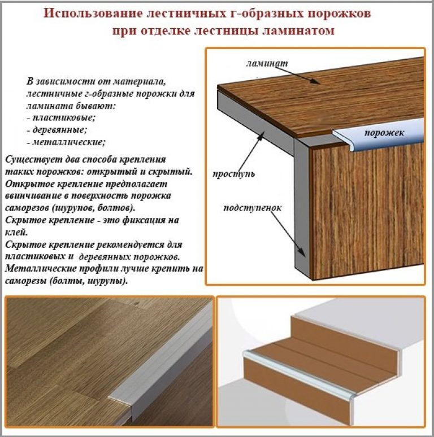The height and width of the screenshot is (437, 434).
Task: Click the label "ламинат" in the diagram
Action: click(267, 63)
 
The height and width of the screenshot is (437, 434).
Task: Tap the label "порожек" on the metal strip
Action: click(384, 133)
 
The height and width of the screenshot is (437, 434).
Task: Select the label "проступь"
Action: click(234, 174)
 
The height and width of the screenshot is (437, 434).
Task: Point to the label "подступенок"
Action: click(253, 208)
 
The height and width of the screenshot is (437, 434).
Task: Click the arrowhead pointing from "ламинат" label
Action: click(316, 81)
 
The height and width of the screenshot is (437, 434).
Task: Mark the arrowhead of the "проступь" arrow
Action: click(261, 136)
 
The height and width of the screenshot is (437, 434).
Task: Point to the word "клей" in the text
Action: click(16, 232)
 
